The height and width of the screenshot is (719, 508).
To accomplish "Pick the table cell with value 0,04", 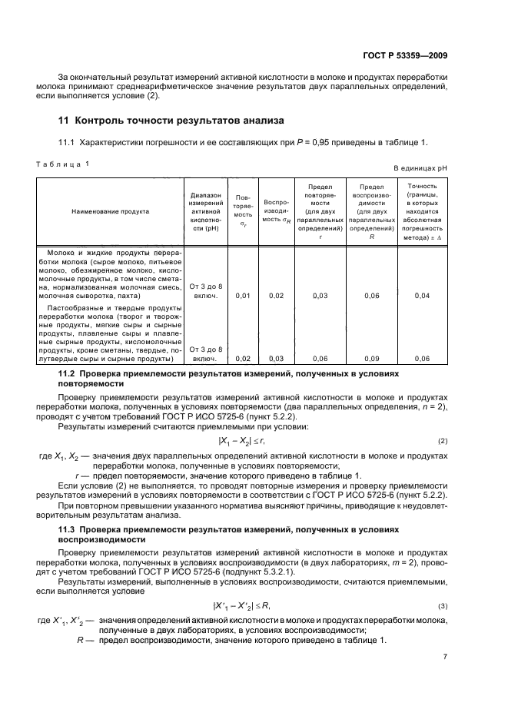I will pos(422,295).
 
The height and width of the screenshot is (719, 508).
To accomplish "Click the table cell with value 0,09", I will pos(371,359).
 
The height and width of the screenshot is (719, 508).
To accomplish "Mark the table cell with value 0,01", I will pos(242,295).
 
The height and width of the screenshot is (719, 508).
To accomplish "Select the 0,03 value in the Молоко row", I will pos(320,295).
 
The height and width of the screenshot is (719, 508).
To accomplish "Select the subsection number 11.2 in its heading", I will pos(69,373).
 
